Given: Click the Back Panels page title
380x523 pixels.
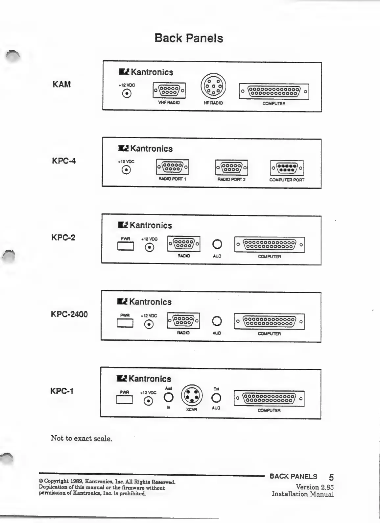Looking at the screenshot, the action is (x=189, y=38).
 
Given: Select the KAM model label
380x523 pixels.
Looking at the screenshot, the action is (x=61, y=85).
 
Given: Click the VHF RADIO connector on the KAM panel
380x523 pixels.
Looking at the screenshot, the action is (x=169, y=90).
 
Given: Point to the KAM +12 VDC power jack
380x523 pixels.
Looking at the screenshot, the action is (x=127, y=94).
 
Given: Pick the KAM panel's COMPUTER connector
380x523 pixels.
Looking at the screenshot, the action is (x=274, y=91).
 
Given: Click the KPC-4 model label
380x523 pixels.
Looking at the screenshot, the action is (x=64, y=161).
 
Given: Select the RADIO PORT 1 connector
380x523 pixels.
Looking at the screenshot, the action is (x=173, y=167).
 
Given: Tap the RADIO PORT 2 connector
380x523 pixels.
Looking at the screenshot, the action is (x=231, y=167).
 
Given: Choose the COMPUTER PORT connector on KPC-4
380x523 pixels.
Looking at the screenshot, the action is (x=287, y=168).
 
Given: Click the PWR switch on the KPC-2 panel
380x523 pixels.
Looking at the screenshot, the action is (x=125, y=246).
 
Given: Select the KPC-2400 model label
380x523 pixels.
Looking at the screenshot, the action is (x=69, y=314).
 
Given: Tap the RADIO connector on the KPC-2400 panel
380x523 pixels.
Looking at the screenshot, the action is (x=183, y=320).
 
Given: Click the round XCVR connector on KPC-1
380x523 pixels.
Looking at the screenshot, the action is (x=192, y=395).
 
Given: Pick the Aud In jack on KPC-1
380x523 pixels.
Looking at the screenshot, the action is (x=169, y=398).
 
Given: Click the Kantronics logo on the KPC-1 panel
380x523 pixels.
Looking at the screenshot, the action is (x=144, y=379).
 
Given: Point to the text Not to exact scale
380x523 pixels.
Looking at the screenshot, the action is (x=81, y=438).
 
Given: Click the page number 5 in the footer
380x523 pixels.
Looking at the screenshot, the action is (x=331, y=477).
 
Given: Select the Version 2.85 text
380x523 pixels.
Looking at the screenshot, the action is (x=315, y=487).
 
